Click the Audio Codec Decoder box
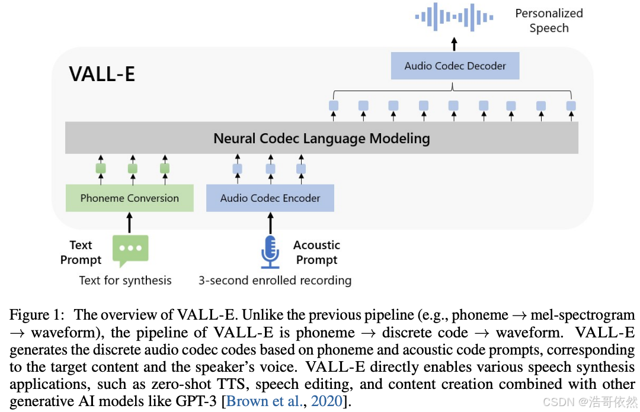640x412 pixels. point(455,66)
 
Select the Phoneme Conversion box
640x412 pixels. point(129,198)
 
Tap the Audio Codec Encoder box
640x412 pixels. point(270,198)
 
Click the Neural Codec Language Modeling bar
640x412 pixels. point(322,139)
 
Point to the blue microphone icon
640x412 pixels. point(270,252)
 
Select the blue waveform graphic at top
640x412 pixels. point(454,17)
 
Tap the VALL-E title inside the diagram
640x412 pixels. point(102,74)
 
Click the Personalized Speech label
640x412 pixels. point(549,21)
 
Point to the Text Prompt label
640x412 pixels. point(81,253)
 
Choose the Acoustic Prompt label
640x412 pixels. point(316,253)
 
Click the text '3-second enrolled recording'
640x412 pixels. point(275,281)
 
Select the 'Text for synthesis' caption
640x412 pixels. point(126,281)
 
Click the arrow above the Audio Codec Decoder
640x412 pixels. point(455,44)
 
